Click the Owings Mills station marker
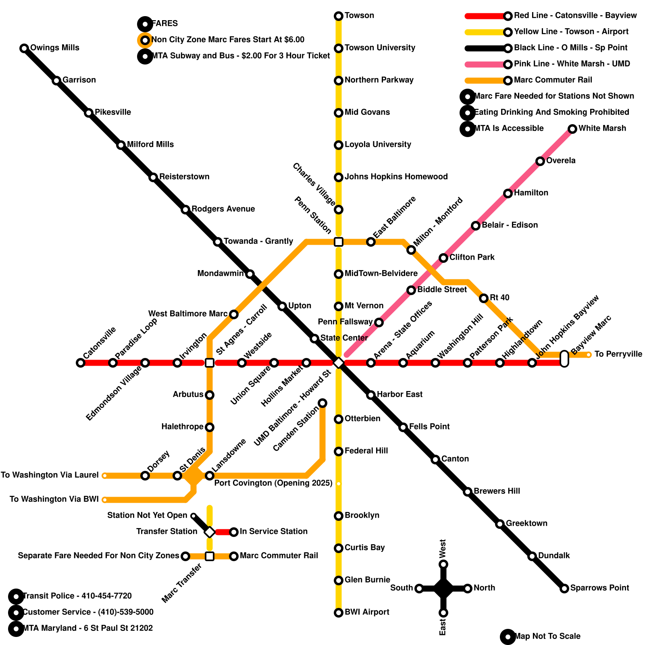(24, 48)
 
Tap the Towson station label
(359, 16)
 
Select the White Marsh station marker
(572, 129)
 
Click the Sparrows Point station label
(599, 588)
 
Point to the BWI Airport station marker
(339, 613)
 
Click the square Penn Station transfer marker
(339, 242)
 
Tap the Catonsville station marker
(81, 363)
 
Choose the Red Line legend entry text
(575, 16)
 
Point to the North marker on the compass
(468, 589)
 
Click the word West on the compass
(443, 548)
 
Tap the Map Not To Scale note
(547, 637)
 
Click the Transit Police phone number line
(77, 596)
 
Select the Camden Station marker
(322, 403)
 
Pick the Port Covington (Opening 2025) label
(273, 483)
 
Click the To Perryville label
(618, 354)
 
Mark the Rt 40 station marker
(484, 298)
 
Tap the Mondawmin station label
(221, 274)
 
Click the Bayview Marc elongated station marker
(564, 359)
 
